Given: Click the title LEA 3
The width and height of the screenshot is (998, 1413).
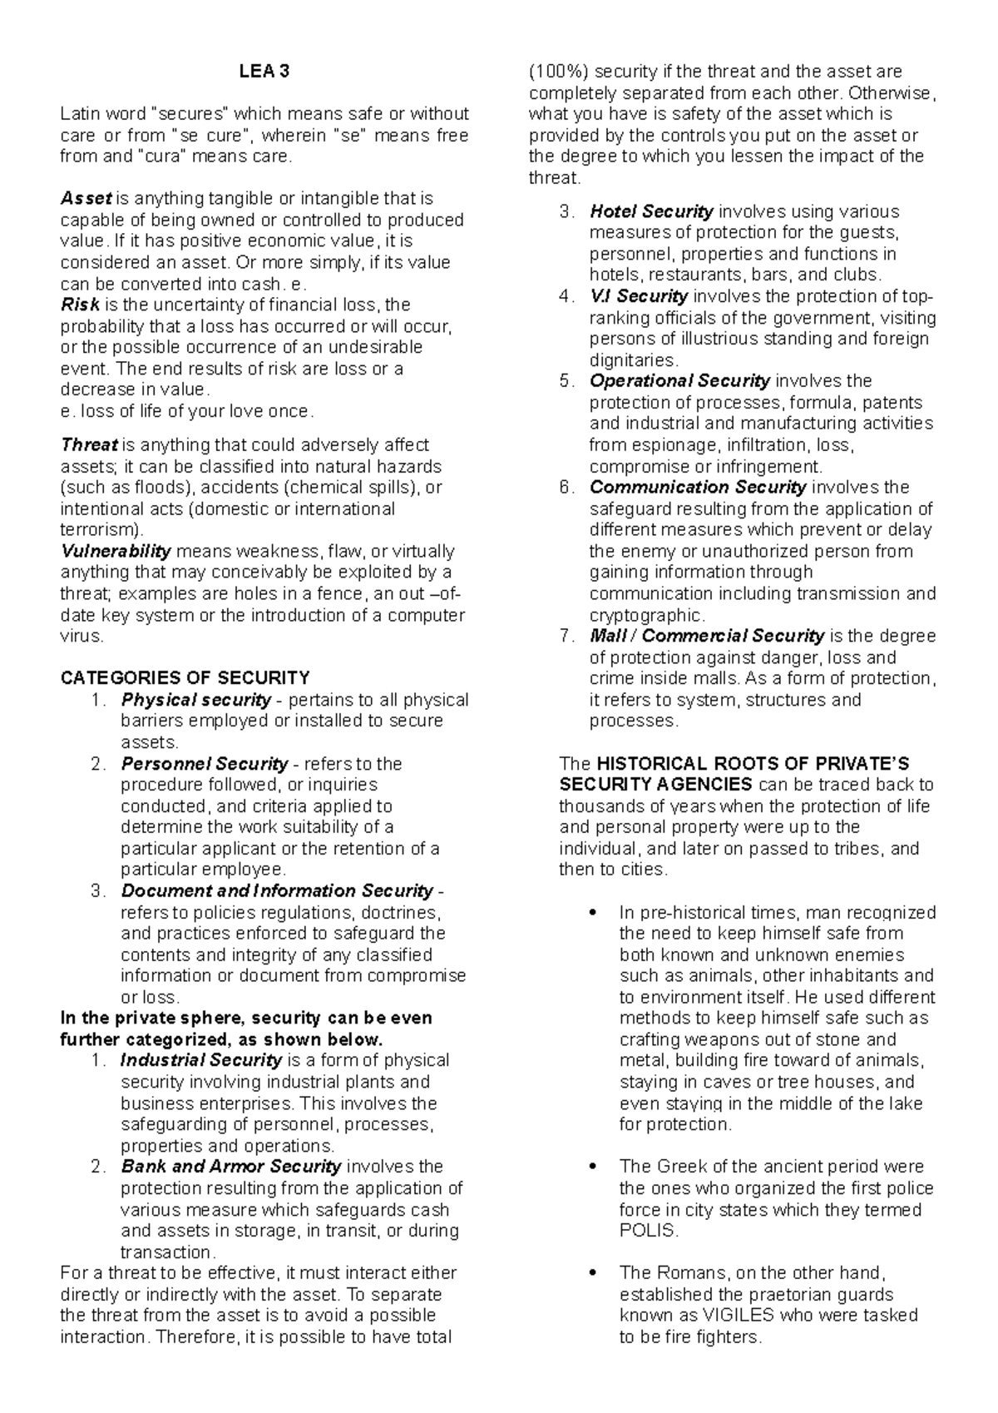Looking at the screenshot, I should click(x=264, y=72).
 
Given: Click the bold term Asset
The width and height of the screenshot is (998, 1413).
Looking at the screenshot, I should click(x=86, y=199).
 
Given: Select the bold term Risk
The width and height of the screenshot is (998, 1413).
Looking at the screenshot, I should click(x=80, y=305).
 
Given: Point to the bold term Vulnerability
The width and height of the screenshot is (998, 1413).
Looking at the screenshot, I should click(x=116, y=551).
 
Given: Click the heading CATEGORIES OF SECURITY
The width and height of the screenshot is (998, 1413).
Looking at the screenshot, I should click(x=185, y=677).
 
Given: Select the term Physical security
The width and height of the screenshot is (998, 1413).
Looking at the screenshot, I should click(x=195, y=700).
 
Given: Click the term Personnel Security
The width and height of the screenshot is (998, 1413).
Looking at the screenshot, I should click(x=204, y=763).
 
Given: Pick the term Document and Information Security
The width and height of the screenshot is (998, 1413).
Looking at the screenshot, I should click(x=277, y=890).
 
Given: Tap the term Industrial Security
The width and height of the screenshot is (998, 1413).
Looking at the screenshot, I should click(x=201, y=1060).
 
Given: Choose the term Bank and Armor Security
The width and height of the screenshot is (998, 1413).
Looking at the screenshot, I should click(x=231, y=1167).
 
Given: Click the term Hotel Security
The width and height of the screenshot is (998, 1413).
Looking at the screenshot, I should click(x=651, y=211).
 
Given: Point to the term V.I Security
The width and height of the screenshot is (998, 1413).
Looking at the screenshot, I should click(x=638, y=296).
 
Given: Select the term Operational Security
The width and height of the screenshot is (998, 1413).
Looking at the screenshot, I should click(x=679, y=381).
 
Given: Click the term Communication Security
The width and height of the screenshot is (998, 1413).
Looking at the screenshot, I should click(x=697, y=487).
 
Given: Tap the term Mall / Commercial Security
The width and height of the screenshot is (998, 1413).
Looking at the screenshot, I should click(x=706, y=636).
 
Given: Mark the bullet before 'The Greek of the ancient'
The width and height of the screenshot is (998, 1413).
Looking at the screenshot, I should click(x=592, y=1167).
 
